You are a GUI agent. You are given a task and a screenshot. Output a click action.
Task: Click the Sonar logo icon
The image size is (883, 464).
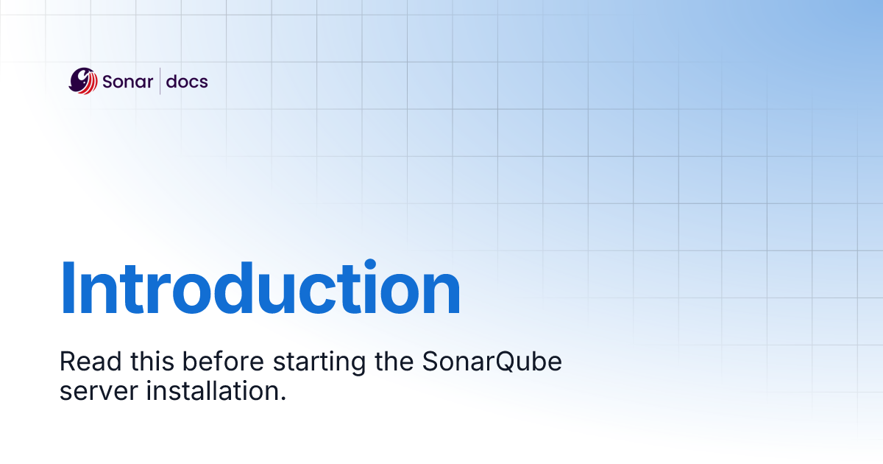click(82, 81)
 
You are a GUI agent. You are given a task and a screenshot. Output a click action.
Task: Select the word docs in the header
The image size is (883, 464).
click(187, 82)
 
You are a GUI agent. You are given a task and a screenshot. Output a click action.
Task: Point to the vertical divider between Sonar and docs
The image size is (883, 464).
click(160, 82)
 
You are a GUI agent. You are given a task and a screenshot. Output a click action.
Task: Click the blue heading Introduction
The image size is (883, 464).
click(260, 289)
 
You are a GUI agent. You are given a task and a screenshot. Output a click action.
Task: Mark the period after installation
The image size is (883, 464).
click(282, 398)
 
